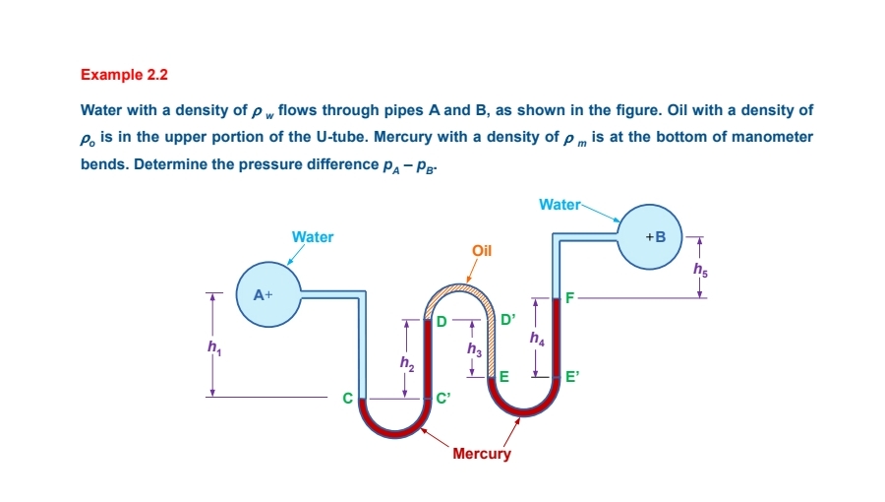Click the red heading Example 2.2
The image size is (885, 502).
[118, 74]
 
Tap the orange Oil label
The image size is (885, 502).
[482, 250]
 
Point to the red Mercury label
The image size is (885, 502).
[482, 454]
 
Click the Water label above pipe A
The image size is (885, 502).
[313, 237]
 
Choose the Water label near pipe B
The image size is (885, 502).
[560, 205]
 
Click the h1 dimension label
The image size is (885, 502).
[213, 346]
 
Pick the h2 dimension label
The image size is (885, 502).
[406, 364]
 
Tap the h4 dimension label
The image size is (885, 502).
[537, 339]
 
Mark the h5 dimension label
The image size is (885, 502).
[700, 268]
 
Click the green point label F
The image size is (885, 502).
[569, 294]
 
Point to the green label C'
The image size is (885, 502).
[443, 399]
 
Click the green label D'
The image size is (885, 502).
[507, 320]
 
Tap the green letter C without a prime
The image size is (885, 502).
[346, 399]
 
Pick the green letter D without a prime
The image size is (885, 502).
[442, 322]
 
